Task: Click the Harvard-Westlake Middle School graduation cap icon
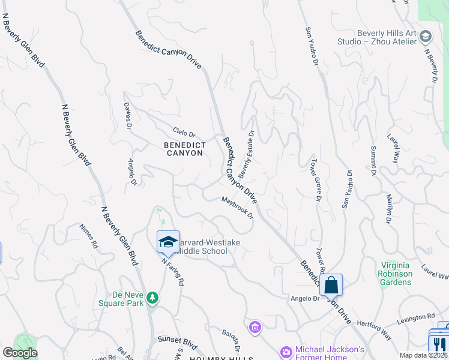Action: [x=168, y=242]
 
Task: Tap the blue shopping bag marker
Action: [x=331, y=285]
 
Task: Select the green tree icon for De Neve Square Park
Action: [x=153, y=297]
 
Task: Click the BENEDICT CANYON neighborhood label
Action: [x=185, y=149]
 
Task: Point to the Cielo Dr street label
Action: [x=184, y=132]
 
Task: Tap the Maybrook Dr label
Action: [x=237, y=208]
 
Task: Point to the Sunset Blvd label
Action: [x=173, y=340]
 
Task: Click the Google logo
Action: [x=20, y=353]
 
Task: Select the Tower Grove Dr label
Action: [x=315, y=180]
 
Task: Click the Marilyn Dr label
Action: [x=389, y=209]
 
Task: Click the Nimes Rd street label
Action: [x=88, y=236]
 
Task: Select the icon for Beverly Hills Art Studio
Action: [x=425, y=37]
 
